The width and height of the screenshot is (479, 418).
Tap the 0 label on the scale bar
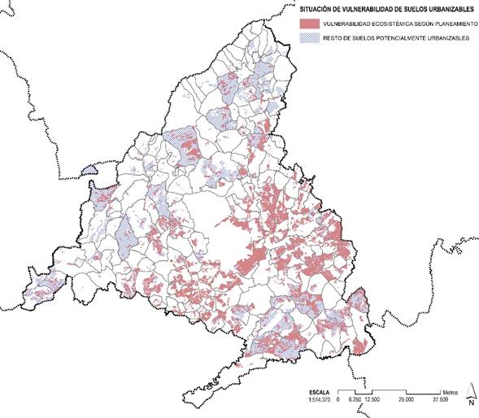[336, 398]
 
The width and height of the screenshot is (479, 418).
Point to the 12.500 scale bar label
[372, 398]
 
